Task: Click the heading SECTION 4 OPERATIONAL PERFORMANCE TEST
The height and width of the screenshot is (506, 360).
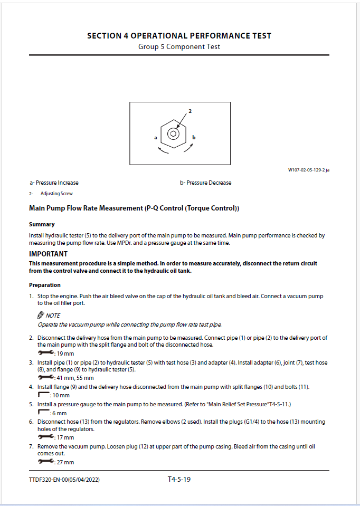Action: point(179,36)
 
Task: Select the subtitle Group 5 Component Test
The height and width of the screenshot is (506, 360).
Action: point(179,46)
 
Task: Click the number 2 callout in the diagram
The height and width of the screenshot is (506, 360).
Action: point(190,111)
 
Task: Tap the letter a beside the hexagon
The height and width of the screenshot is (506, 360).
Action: point(156,137)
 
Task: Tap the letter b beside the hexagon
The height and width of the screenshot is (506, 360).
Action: point(194,137)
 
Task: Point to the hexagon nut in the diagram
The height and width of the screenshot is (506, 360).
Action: point(173,133)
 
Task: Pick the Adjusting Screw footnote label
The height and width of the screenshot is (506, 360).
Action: point(56,194)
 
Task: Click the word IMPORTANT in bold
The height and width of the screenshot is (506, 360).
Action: point(48,254)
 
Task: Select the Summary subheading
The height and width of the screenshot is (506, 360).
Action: point(42,224)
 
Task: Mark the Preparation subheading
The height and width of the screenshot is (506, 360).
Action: point(45,285)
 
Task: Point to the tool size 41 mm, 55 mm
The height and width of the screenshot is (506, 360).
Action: point(75,378)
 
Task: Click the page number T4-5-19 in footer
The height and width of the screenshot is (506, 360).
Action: point(179,479)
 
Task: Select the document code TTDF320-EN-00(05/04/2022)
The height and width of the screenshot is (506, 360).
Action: point(64,480)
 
